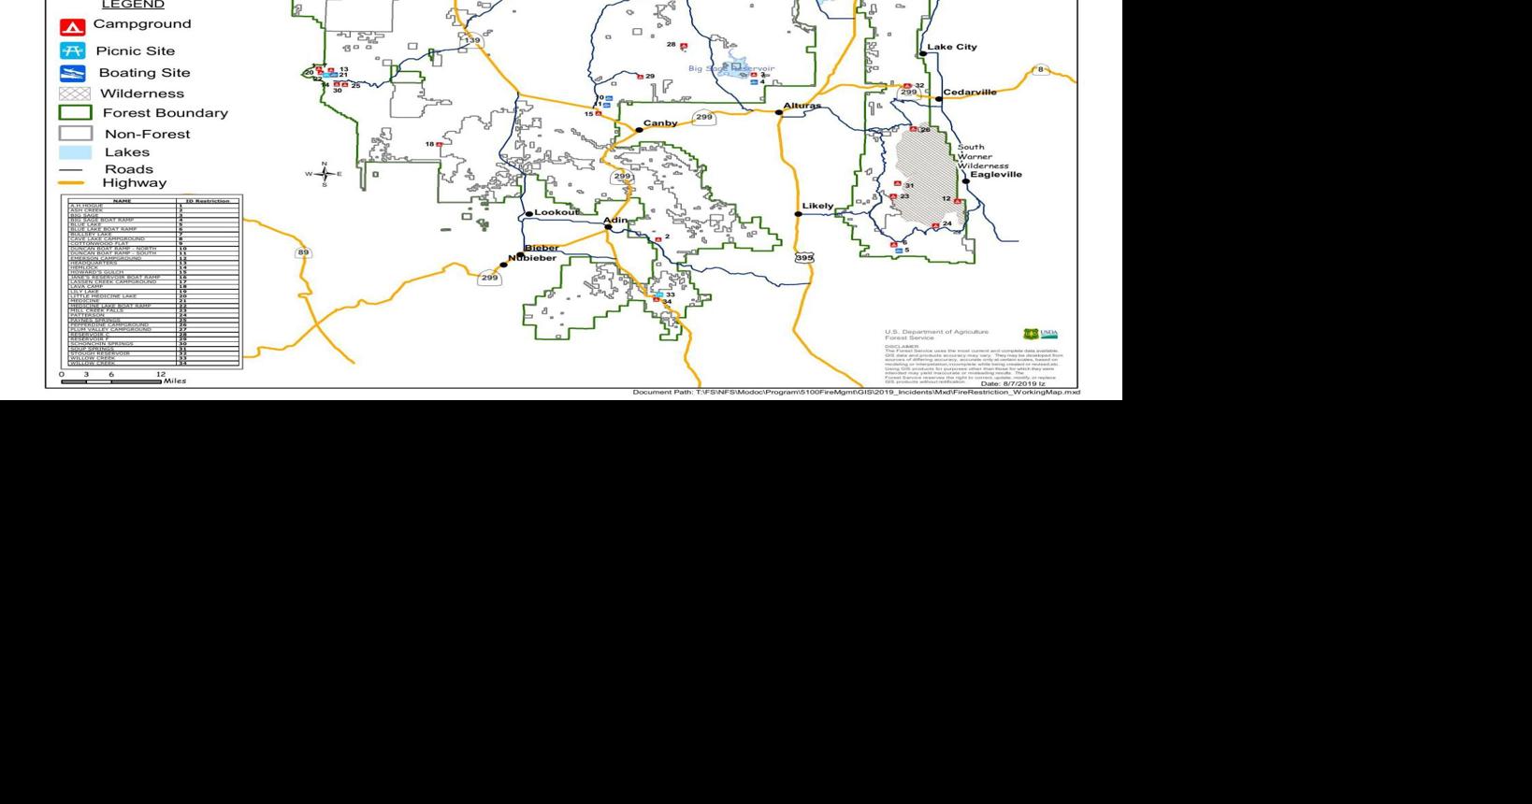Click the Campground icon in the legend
(72, 27)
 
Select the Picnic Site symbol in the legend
(72, 50)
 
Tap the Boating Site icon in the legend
(72, 73)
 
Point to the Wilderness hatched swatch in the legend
(75, 93)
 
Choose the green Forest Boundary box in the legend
(75, 113)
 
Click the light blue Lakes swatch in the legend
(75, 152)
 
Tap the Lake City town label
(951, 47)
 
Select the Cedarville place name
(970, 93)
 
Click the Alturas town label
(802, 106)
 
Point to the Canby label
(660, 123)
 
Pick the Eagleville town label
(996, 175)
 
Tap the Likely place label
(817, 206)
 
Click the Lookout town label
(557, 213)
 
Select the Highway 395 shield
(804, 257)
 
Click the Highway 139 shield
(472, 40)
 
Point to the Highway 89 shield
(303, 252)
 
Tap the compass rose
(325, 174)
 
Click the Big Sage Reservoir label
(731, 68)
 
